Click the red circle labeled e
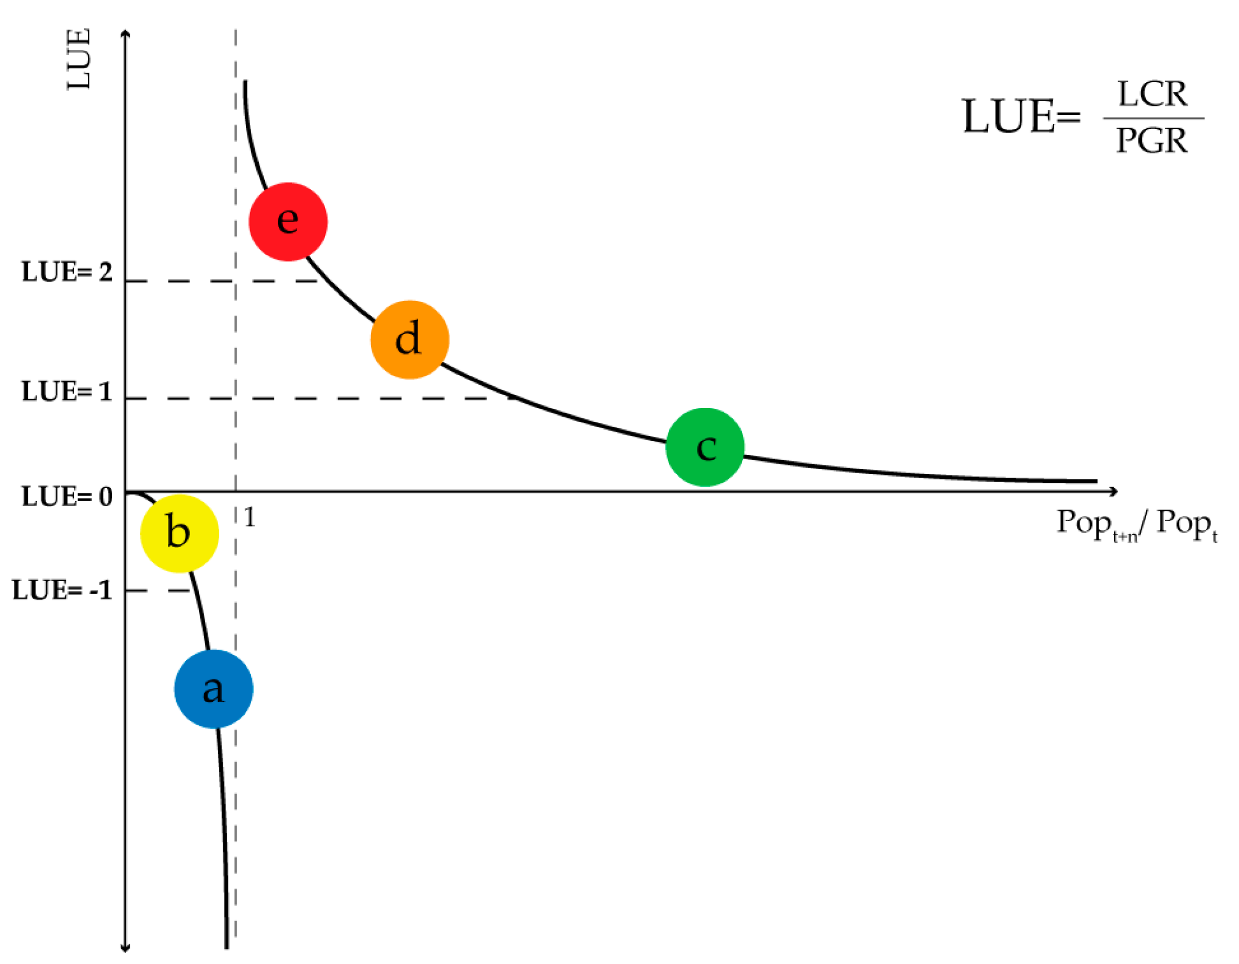[x=288, y=221]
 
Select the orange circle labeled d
[x=409, y=339]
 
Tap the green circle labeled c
[x=705, y=447]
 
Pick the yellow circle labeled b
[x=180, y=533]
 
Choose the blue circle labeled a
[x=213, y=689]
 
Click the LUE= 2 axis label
[x=67, y=272]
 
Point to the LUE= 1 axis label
[x=67, y=392]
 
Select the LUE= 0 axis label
[x=67, y=497]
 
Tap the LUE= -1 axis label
[x=62, y=590]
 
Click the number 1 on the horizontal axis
[x=249, y=517]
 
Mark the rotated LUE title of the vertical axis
[x=79, y=59]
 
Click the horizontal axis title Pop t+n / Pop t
[x=1137, y=525]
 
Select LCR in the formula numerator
[x=1152, y=94]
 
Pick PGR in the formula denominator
[x=1152, y=141]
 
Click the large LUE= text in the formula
[x=1020, y=117]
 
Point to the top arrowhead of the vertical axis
[x=125, y=34]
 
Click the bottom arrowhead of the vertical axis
[x=125, y=949]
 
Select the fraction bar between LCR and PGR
[x=1154, y=119]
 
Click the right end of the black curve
[x=1095, y=481]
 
